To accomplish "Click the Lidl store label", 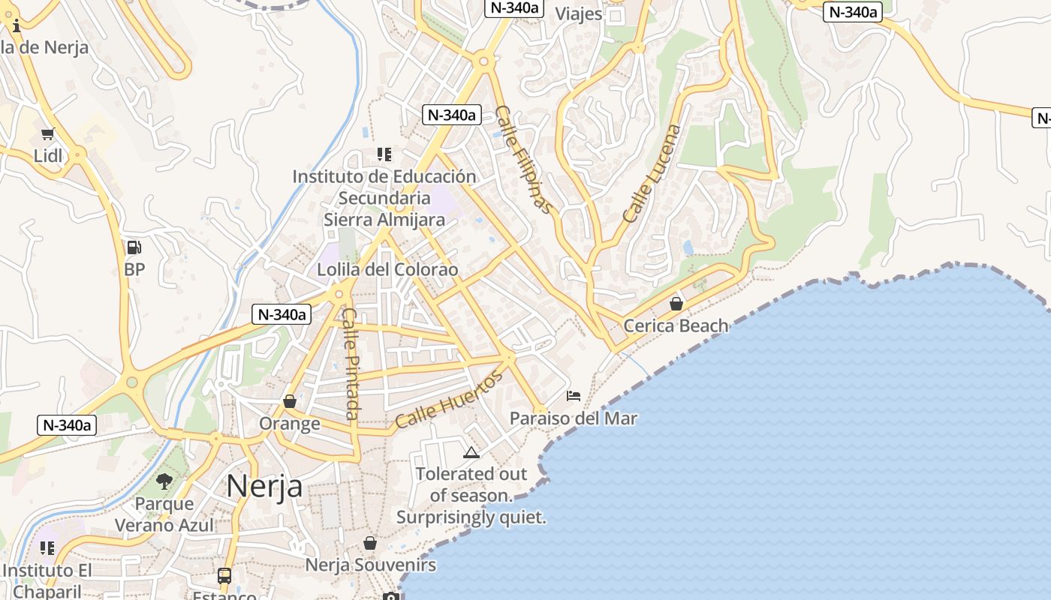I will click(x=48, y=156).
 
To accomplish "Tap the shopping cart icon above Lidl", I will click(x=48, y=134).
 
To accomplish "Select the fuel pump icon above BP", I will click(x=134, y=247).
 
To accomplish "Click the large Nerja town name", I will click(x=264, y=486).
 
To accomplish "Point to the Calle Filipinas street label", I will click(x=525, y=160).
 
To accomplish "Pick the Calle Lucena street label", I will click(x=652, y=173).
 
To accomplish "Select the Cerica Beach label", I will click(x=676, y=325).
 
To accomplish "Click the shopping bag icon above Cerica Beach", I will click(x=676, y=304).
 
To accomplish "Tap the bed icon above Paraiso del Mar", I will click(x=574, y=395).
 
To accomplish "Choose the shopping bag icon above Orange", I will click(x=290, y=401).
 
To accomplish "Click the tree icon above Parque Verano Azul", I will click(x=164, y=481).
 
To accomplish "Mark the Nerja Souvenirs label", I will click(x=370, y=565).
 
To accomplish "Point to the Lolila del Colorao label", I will click(x=387, y=270).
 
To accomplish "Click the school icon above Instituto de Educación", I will click(x=384, y=154).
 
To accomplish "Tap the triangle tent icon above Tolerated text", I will click(x=471, y=452).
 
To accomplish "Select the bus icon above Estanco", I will click(x=224, y=576).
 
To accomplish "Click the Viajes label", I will click(x=579, y=13).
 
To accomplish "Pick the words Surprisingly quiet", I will click(x=471, y=517).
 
